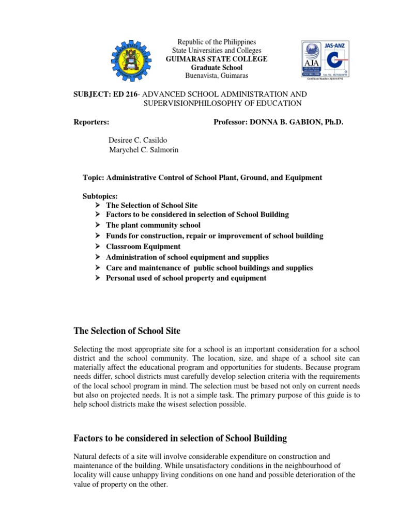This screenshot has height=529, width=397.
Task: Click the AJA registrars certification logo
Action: tap(314, 59)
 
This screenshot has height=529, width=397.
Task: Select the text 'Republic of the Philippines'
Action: tap(217, 42)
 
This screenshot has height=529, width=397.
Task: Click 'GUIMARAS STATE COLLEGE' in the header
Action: tap(217, 59)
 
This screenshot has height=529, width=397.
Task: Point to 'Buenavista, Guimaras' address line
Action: tap(217, 76)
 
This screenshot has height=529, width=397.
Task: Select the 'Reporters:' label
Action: tap(92, 122)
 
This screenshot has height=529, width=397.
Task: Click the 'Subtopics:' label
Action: tap(100, 197)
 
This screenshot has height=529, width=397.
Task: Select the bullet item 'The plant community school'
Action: tap(153, 225)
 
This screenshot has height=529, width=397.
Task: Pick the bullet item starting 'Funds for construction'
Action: tap(215, 236)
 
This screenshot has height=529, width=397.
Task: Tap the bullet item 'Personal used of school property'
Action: tap(186, 278)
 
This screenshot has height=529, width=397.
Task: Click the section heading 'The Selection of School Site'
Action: tap(128, 330)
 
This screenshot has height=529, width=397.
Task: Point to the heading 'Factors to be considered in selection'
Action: tap(181, 439)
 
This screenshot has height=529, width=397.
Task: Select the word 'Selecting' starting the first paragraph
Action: tap(91, 350)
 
